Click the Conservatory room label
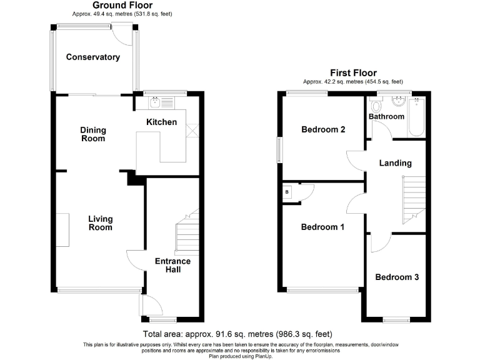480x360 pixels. tap(92, 57)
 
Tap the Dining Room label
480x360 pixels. tap(93, 134)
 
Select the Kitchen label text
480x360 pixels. tap(161, 122)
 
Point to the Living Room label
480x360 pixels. tap(100, 223)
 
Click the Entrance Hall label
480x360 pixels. tap(172, 265)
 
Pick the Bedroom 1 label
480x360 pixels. tap(322, 227)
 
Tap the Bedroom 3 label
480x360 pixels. tap(397, 277)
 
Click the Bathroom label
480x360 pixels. tap(386, 116)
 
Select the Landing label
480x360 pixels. tap(396, 163)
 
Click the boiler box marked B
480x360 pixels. tap(287, 192)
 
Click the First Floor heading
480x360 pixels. tap(353, 73)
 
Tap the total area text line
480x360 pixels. tap(237, 334)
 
